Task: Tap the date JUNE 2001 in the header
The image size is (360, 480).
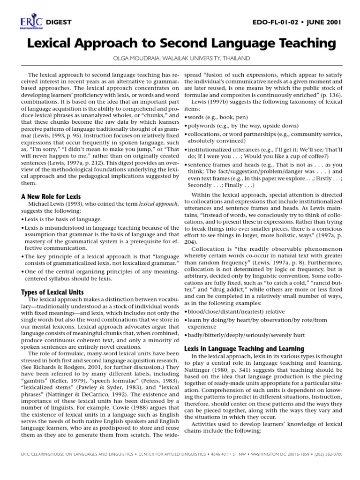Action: [x=324, y=22]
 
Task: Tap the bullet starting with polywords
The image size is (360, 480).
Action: [x=234, y=127]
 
